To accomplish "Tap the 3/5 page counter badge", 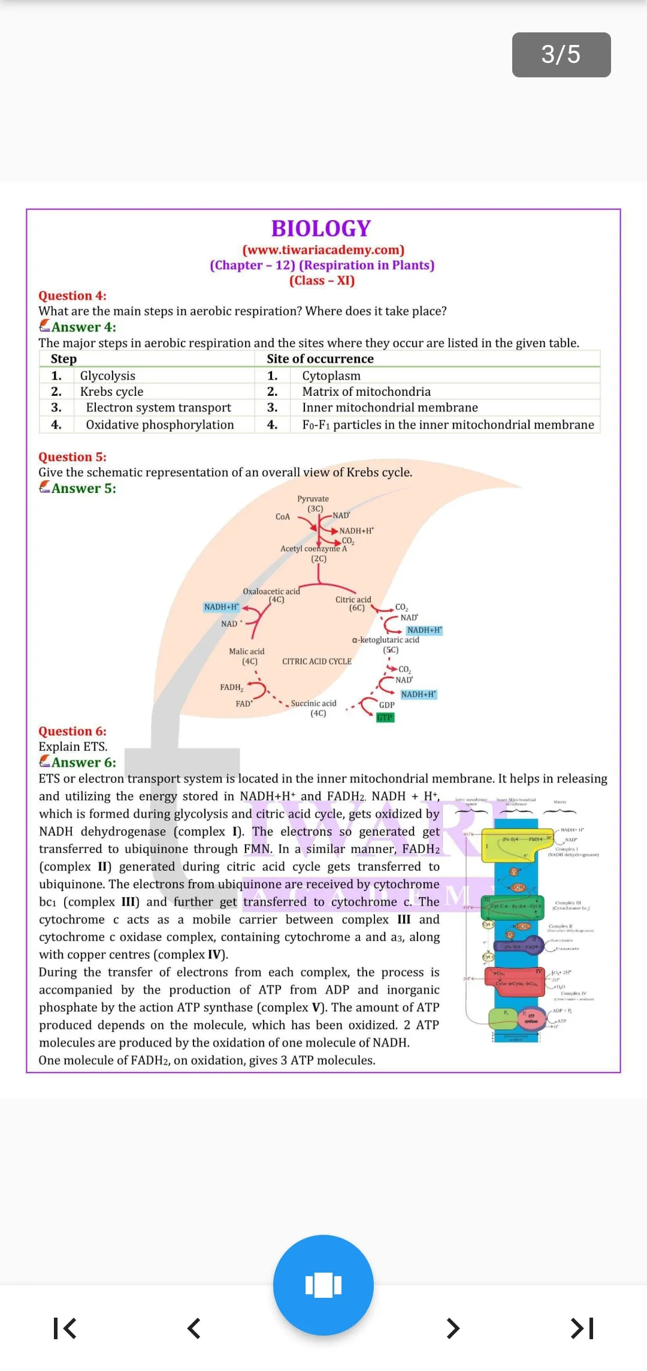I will (x=561, y=55).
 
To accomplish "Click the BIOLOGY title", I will (x=322, y=228).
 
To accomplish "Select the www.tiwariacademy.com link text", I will (x=323, y=249).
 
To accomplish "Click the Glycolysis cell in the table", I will (x=108, y=375).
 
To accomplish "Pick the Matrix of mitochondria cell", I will (x=366, y=392).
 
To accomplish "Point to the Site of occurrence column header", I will (x=320, y=359).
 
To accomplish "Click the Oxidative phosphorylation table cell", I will (x=159, y=425).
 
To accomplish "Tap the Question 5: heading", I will (x=72, y=457).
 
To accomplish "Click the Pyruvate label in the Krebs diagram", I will (x=313, y=499).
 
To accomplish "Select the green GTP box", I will (x=385, y=717).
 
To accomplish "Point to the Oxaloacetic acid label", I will (x=271, y=591).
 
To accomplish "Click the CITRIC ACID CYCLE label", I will (x=317, y=662).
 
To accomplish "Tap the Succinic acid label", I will (x=313, y=703).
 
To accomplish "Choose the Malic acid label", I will (x=246, y=651).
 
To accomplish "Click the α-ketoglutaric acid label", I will (x=386, y=640).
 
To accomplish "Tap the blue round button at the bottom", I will (x=323, y=1285).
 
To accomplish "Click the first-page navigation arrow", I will (x=65, y=1328).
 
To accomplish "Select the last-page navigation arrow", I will (x=582, y=1328).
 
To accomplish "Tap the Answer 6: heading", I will (x=83, y=763).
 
